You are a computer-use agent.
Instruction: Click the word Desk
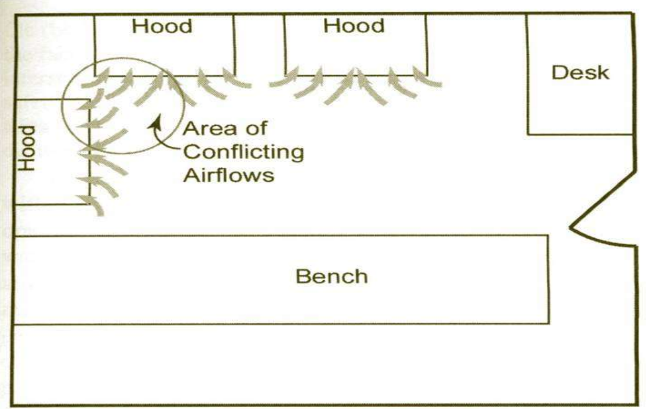pyautogui.click(x=580, y=72)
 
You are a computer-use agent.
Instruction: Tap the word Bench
pyautogui.click(x=331, y=275)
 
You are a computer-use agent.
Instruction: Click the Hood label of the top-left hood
pyautogui.click(x=162, y=26)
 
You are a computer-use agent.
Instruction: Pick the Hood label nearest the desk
pyautogui.click(x=354, y=26)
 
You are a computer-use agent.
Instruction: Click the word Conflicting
pyautogui.click(x=243, y=152)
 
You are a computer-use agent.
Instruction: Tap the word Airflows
pyautogui.click(x=228, y=175)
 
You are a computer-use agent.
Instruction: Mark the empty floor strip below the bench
pyautogui.click(x=311, y=364)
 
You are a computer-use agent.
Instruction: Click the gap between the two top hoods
pyautogui.click(x=259, y=44)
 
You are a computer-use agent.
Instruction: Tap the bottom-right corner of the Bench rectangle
pyautogui.click(x=548, y=323)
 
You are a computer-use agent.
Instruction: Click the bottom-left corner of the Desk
pyautogui.click(x=528, y=134)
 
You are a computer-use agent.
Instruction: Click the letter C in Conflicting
pyautogui.click(x=190, y=152)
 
